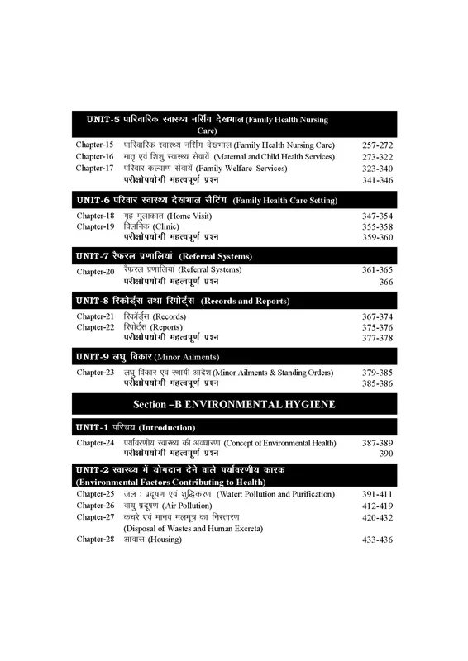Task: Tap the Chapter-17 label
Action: pyautogui.click(x=94, y=168)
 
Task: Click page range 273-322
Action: pyautogui.click(x=377, y=156)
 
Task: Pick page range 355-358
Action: pyautogui.click(x=377, y=226)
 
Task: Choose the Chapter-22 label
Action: pyautogui.click(x=94, y=326)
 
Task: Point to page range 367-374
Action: pyautogui.click(x=377, y=315)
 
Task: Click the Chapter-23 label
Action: pyautogui.click(x=94, y=373)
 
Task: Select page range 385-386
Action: pyautogui.click(x=377, y=384)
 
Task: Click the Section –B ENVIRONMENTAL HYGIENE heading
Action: pyautogui.click(x=234, y=405)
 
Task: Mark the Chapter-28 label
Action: pyautogui.click(x=94, y=540)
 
